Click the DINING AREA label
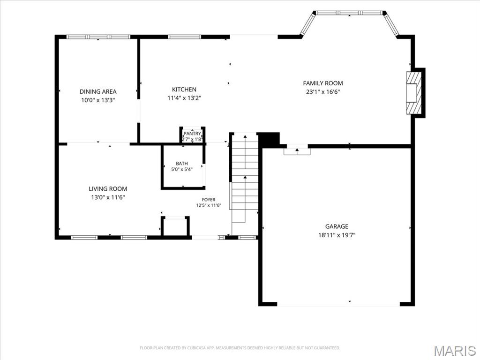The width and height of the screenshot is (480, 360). pos(98,91)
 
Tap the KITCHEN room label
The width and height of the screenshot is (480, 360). pos(184,90)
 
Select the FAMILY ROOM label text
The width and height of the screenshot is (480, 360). pos(323,83)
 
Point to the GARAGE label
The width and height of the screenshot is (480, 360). pos(337,226)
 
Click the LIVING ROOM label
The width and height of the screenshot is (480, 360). pos(108,189)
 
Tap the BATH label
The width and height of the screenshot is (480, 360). pos(182,164)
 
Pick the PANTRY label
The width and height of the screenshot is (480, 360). pos(192,134)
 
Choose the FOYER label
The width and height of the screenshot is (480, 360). pos(209,200)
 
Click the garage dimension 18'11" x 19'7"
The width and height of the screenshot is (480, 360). pos(337,235)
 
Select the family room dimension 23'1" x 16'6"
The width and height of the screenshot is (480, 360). pos(323,91)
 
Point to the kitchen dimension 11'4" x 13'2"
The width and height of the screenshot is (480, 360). pos(184,98)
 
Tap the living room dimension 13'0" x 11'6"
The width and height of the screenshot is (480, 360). pos(108,197)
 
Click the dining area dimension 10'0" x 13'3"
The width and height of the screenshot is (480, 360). pos(98,100)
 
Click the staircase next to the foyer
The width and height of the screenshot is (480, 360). pos(245,184)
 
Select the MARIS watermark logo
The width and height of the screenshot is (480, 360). pos(455,351)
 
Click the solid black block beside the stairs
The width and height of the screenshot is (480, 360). pos(269,139)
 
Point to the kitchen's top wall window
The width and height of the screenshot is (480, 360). pos(185,37)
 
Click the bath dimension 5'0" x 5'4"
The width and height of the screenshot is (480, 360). pos(182,169)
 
